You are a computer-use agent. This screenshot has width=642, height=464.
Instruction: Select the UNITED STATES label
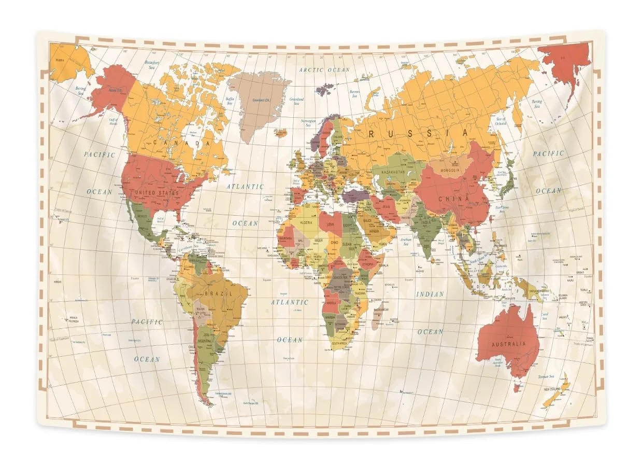click(x=156, y=193)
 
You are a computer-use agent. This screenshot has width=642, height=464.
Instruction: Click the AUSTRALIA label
click(x=508, y=344)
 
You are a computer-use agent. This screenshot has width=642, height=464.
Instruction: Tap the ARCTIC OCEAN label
click(x=325, y=69)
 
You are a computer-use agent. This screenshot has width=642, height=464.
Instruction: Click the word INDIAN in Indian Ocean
click(x=430, y=294)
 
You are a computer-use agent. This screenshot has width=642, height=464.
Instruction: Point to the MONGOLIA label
click(x=450, y=170)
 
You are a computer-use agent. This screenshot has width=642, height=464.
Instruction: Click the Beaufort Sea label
click(x=152, y=65)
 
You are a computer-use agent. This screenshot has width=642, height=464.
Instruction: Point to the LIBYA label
click(x=331, y=224)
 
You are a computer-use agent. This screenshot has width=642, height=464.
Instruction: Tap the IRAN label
click(x=388, y=206)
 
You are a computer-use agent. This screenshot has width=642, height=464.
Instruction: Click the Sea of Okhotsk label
click(x=501, y=121)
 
